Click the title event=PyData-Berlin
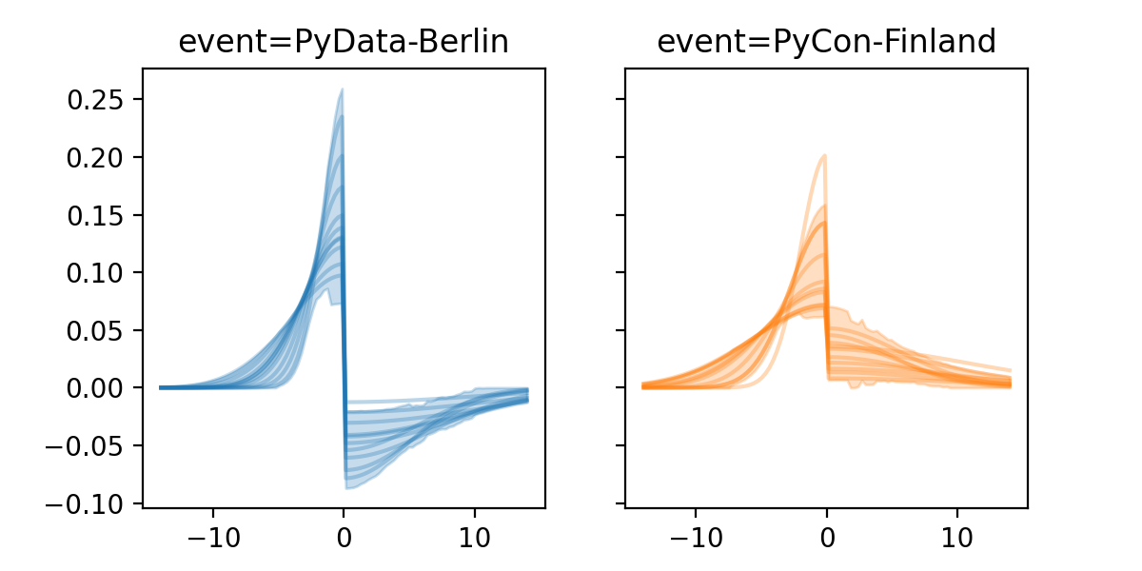click(x=344, y=42)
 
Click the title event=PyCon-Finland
click(x=826, y=42)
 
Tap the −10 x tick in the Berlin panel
click(x=212, y=536)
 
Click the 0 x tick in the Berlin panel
click(x=344, y=536)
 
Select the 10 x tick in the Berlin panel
click(x=475, y=536)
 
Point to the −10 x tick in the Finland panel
click(x=695, y=536)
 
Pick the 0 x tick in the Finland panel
click(x=826, y=536)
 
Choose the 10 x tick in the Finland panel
click(x=957, y=536)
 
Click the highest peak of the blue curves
click(x=342, y=89)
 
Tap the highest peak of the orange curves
click(x=824, y=155)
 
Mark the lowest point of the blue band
click(x=347, y=488)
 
